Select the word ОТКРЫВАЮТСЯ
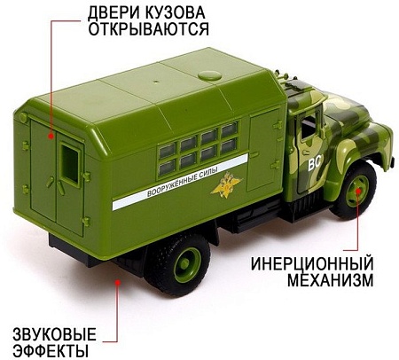coord(148,32)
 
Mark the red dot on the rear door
coord(51,136)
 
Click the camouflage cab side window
coord(310,124)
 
